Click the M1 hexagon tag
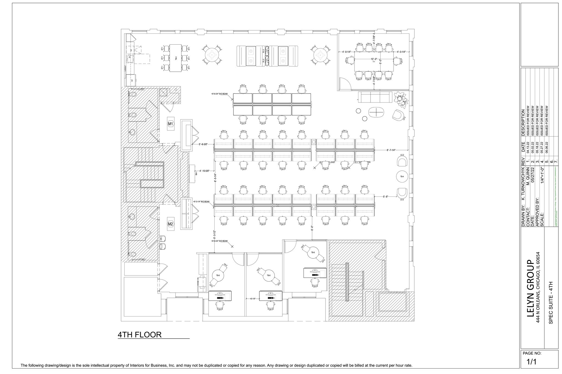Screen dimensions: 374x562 point(170,124)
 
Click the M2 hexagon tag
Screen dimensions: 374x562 point(170,224)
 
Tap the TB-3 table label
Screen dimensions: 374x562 point(176,58)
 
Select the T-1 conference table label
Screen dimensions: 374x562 point(373,62)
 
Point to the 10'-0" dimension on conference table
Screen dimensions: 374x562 point(374,59)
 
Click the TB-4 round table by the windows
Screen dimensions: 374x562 point(402,177)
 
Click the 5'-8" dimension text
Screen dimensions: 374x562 point(386,196)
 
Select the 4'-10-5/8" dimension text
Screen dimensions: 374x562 point(204,171)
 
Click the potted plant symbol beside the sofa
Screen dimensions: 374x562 point(400,100)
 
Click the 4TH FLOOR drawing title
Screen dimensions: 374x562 point(139,335)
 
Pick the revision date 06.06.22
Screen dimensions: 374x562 point(547,147)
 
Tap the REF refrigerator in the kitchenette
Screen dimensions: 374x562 point(132,80)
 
